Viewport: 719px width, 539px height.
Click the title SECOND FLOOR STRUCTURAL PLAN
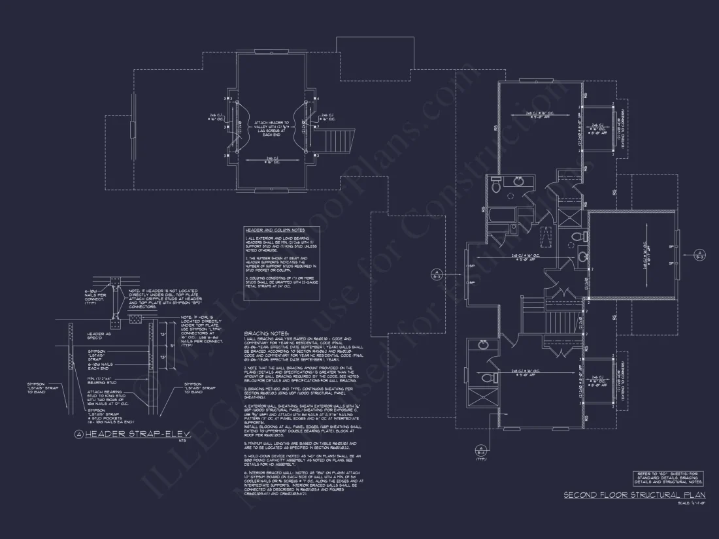pos(631,495)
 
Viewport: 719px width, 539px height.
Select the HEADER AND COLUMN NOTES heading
pos(275,231)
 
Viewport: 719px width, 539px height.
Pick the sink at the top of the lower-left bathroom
pos(482,344)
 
